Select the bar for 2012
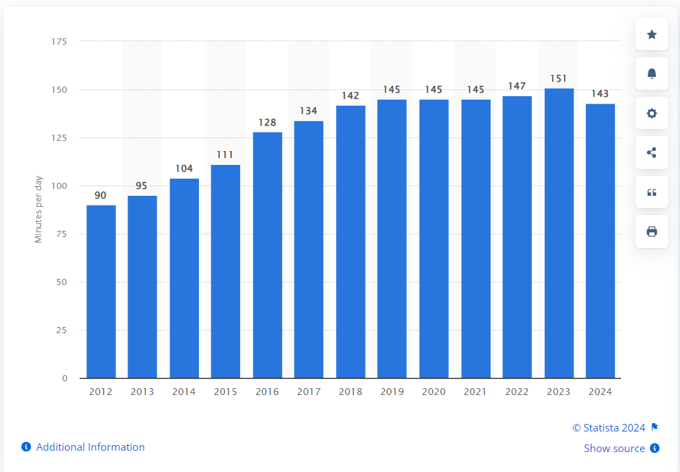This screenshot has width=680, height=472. (101, 291)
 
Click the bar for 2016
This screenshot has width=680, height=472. (267, 255)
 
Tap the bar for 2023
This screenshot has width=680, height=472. (559, 233)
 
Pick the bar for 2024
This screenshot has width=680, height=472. (600, 240)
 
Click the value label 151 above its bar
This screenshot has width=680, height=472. (559, 78)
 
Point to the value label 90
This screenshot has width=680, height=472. (101, 196)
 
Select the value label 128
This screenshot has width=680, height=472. (267, 122)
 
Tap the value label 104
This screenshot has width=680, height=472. (184, 168)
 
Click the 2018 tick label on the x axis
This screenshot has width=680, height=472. (350, 392)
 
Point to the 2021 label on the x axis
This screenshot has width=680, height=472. (475, 392)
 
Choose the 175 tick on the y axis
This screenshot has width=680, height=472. (59, 42)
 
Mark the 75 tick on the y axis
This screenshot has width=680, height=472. (62, 234)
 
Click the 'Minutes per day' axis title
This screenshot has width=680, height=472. (38, 210)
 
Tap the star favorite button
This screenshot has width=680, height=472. (652, 34)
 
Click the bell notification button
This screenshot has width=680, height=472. (652, 74)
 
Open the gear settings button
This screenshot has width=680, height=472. (652, 113)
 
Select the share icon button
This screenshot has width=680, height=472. (652, 153)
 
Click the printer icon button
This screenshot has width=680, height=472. (652, 232)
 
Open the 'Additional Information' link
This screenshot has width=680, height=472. (90, 447)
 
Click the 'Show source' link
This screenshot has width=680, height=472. (614, 448)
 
